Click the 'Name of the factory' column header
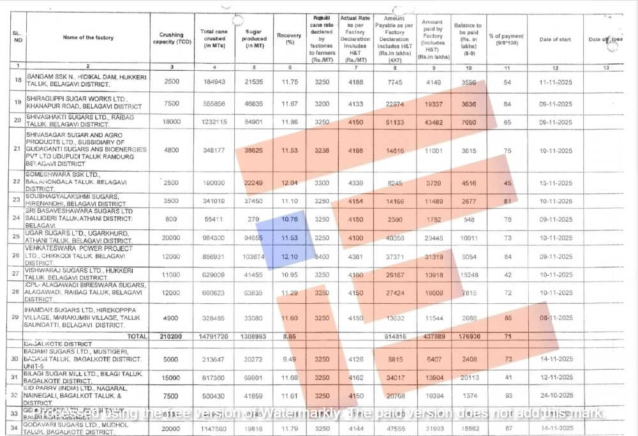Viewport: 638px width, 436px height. click(88, 38)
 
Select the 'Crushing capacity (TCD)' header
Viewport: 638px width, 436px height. click(172, 38)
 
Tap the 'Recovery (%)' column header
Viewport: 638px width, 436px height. click(289, 38)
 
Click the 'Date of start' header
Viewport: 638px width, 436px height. click(555, 40)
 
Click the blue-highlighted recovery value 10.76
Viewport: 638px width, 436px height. click(289, 219)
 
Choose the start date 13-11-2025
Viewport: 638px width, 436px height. click(555, 183)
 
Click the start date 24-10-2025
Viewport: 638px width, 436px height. click(555, 396)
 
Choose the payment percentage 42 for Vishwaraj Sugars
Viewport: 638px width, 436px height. click(507, 274)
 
